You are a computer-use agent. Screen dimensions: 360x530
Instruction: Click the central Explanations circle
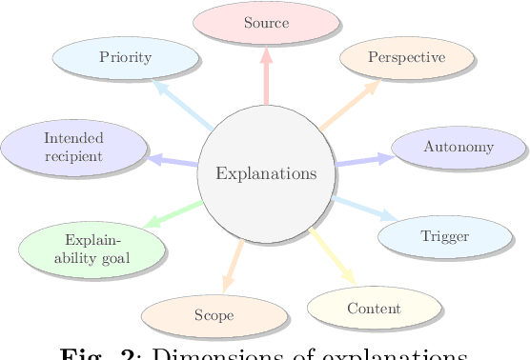[266, 173]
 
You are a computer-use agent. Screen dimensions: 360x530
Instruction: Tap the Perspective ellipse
[406, 58]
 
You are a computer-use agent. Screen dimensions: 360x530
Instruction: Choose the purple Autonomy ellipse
[459, 148]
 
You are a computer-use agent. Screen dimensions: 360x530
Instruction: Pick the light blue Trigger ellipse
[444, 236]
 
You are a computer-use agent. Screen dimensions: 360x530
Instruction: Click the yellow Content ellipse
[374, 309]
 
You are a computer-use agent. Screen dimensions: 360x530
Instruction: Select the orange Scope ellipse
[214, 315]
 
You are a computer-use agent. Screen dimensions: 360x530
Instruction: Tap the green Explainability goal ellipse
[92, 249]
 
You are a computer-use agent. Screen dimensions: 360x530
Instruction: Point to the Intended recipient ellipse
[73, 148]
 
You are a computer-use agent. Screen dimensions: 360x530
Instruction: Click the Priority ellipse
[126, 57]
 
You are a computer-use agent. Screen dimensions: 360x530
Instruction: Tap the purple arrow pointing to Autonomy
[363, 160]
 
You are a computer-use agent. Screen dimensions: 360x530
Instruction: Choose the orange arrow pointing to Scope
[233, 266]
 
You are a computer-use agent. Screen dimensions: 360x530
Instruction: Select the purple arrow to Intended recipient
[173, 162]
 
